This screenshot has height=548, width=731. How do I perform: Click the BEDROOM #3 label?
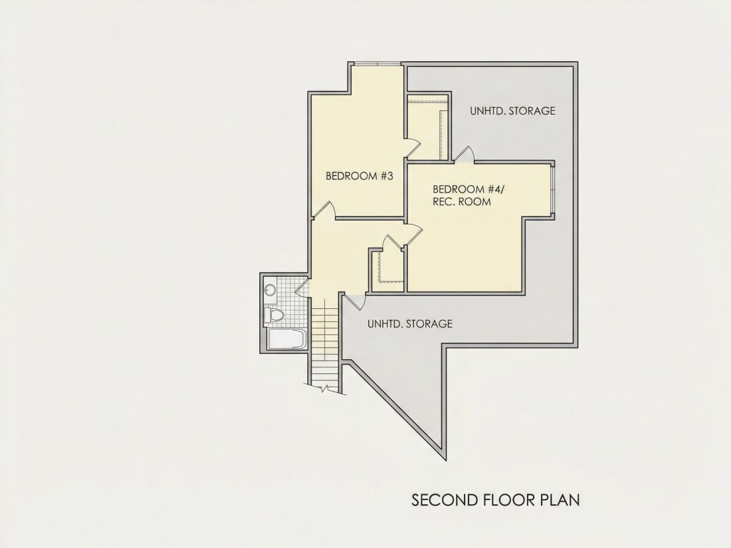360,176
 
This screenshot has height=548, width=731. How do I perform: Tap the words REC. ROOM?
462,202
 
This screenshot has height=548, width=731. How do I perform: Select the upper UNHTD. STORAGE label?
512,111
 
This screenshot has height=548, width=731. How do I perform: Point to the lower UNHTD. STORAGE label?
410,323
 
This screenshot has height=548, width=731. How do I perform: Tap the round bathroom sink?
269,290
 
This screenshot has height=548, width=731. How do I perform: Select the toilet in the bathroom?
274,316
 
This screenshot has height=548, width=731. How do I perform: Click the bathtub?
286,339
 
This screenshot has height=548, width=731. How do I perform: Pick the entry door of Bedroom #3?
324,210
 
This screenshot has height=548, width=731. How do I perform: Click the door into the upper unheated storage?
464,154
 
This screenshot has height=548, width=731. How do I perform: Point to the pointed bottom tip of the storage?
445,460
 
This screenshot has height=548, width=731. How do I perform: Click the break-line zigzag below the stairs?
325,388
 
